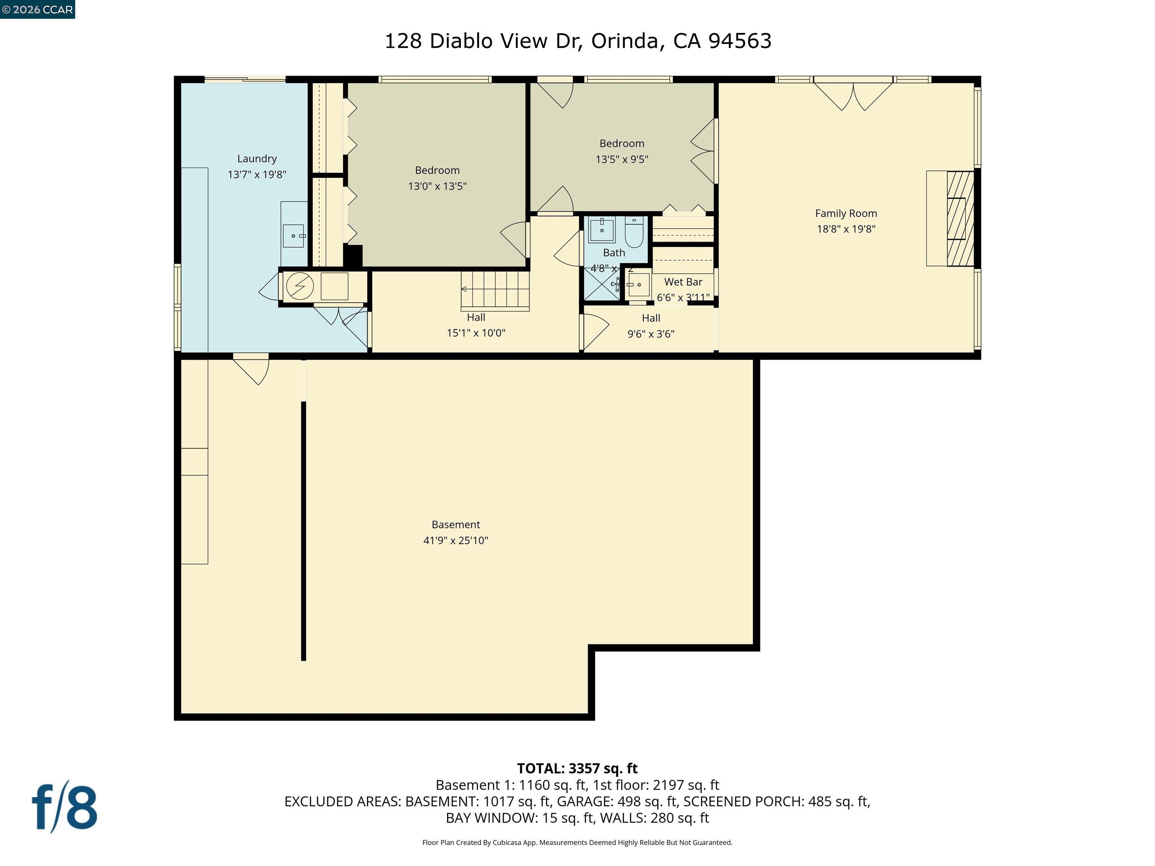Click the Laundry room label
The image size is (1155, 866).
(x=256, y=159)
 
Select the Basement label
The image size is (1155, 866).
(x=455, y=525)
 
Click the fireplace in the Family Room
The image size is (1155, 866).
(x=960, y=219)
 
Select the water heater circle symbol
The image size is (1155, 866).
(x=300, y=286)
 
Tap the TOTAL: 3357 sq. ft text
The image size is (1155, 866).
(x=577, y=768)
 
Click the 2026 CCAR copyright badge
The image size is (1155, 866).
(x=38, y=9)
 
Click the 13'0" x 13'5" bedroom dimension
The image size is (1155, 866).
(x=437, y=186)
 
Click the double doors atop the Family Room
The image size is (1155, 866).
(x=853, y=97)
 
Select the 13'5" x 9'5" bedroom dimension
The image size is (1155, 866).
(x=621, y=159)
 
